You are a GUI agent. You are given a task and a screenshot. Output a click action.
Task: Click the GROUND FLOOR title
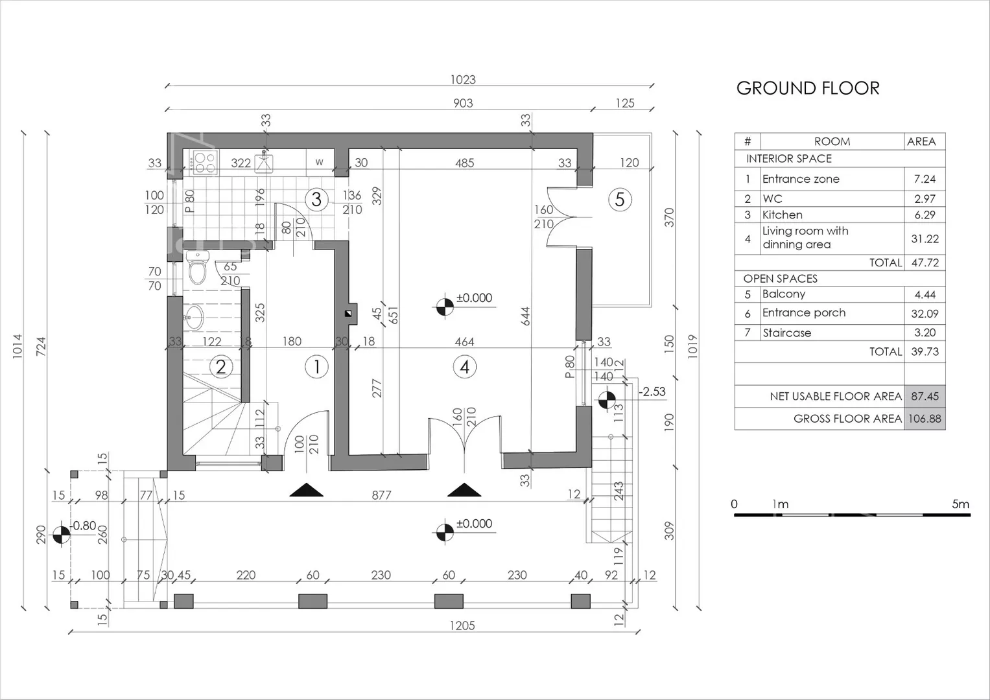coord(807,88)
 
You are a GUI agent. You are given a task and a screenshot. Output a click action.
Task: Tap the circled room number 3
coord(316,200)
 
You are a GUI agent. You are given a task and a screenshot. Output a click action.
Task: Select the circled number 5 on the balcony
coord(620,200)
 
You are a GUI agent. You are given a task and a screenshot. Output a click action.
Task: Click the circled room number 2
coord(220,367)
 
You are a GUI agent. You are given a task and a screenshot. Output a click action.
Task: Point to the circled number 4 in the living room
coord(464,367)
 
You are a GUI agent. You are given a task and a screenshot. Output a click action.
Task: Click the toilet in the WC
coord(197,267)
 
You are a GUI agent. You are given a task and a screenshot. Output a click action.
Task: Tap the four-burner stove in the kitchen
coord(205,163)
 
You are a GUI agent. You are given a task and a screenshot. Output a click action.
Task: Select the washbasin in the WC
coord(194,317)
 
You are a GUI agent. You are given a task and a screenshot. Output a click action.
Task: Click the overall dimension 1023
coord(463,80)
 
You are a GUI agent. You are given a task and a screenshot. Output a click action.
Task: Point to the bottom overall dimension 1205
coord(462,625)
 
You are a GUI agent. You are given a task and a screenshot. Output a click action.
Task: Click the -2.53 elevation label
coord(652,391)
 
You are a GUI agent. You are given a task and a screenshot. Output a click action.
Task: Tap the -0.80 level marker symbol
coord(62,535)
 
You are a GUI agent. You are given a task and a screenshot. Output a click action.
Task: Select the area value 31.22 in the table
coord(925,239)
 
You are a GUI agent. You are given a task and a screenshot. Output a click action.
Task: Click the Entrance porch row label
coord(804,313)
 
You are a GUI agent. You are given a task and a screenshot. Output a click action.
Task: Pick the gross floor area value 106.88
coord(925,418)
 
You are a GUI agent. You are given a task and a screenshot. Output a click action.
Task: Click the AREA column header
coord(921,141)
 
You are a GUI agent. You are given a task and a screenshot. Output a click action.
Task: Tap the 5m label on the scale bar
coord(960,504)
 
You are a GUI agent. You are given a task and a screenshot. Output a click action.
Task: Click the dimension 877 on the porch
coord(381,495)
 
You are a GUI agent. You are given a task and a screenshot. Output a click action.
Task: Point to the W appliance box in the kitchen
coord(320,162)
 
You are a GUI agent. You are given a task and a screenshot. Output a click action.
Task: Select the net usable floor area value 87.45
coord(925,396)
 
